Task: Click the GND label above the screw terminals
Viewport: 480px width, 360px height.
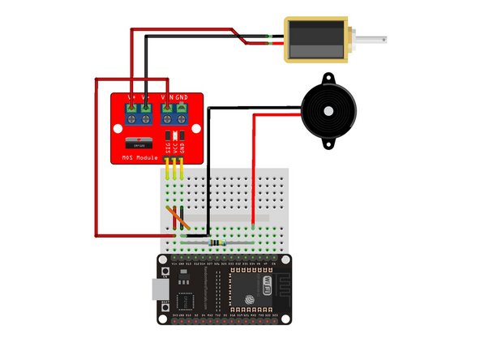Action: click(x=182, y=99)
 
